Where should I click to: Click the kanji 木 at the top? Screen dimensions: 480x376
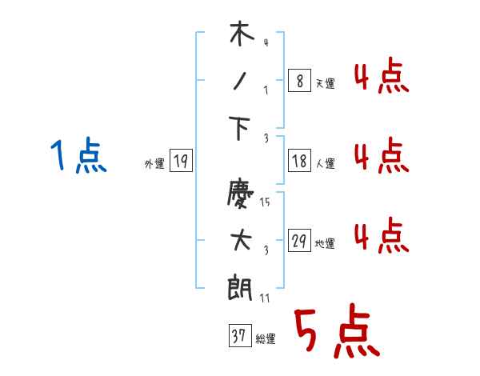pos(241,36)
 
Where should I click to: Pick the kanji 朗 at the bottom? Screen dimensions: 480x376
pos(241,286)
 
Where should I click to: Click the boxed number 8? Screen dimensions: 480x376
pos(298,81)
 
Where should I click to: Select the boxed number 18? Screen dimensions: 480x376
pos(298,162)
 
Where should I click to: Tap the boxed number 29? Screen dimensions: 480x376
pos(298,242)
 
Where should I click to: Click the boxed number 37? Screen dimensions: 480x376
pos(239,336)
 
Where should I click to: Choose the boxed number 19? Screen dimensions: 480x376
pos(181,162)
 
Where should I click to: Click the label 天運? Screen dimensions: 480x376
pos(325,83)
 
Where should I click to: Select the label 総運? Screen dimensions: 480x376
pos(266,339)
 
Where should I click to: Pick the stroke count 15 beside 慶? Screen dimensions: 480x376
pos(266,202)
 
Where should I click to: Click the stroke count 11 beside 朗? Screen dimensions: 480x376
pos(266,297)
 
